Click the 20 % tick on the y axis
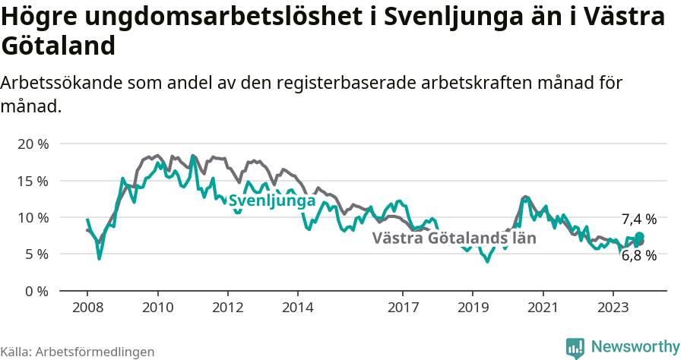coord(32,144)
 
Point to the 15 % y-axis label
coord(32,181)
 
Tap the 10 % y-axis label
coord(32,217)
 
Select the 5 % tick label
coord(36,254)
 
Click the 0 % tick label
coord(36,291)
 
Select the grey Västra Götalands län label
coord(454,238)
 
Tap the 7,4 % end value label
coord(638,219)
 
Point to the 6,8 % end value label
coord(638,256)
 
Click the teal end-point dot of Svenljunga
coord(639,237)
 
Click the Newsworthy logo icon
coord(575,347)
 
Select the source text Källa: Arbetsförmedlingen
coord(78,352)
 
